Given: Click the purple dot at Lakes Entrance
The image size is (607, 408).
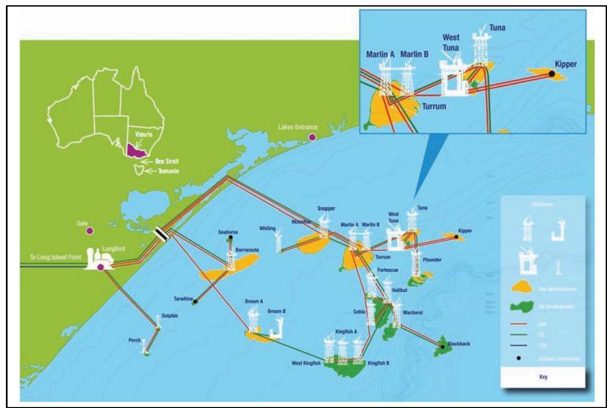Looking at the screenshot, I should pyautogui.click(x=312, y=137).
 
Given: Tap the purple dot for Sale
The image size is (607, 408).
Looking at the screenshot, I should pyautogui.click(x=89, y=231).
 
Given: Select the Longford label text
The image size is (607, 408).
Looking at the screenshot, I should pyautogui.click(x=114, y=249).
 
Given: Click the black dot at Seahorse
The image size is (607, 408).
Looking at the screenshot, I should pyautogui.click(x=231, y=237).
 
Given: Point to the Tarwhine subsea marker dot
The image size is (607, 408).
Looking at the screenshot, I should pyautogui.click(x=195, y=301).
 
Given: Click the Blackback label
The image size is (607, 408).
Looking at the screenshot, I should pyautogui.click(x=459, y=344).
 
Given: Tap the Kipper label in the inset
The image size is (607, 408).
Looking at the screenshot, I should pyautogui.click(x=566, y=64).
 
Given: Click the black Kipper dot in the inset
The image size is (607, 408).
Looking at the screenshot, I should pyautogui.click(x=552, y=74).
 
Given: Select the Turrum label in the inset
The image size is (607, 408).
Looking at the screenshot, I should pyautogui.click(x=434, y=107).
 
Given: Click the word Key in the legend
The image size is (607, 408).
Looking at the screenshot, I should pyautogui.click(x=543, y=377).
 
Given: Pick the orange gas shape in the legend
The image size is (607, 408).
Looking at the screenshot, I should pyautogui.click(x=522, y=288).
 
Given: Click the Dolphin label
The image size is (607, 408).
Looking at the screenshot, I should pyautogui.click(x=169, y=316).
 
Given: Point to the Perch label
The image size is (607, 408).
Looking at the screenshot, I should pyautogui.click(x=134, y=340).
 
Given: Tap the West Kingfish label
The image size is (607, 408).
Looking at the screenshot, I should pyautogui.click(x=306, y=363).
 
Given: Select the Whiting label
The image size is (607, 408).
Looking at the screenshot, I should pyautogui.click(x=267, y=228).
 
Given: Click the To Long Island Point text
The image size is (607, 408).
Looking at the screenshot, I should pyautogui.click(x=56, y=257).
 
